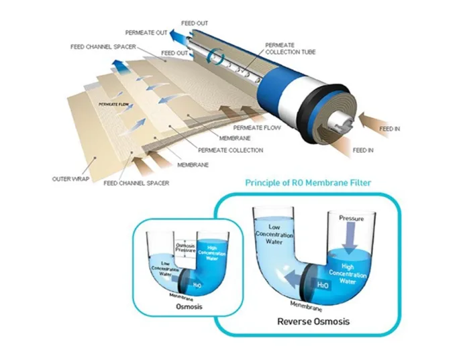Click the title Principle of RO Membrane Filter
coord(308,182)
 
